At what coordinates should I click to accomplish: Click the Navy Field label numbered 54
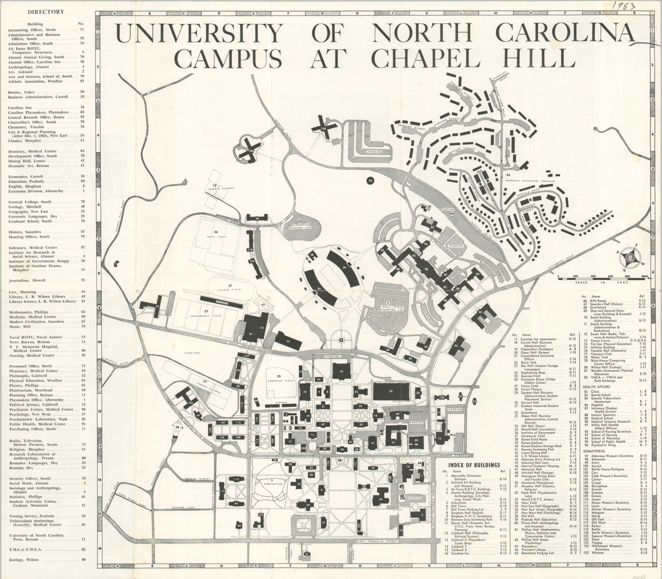pos(217,234)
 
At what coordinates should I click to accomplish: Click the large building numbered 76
pos(391,391)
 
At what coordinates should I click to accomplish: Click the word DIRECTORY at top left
pos(46,12)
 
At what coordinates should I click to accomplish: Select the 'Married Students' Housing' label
pos(530,181)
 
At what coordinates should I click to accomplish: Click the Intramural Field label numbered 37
pos(206,314)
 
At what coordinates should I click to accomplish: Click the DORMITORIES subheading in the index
pos(594,451)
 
